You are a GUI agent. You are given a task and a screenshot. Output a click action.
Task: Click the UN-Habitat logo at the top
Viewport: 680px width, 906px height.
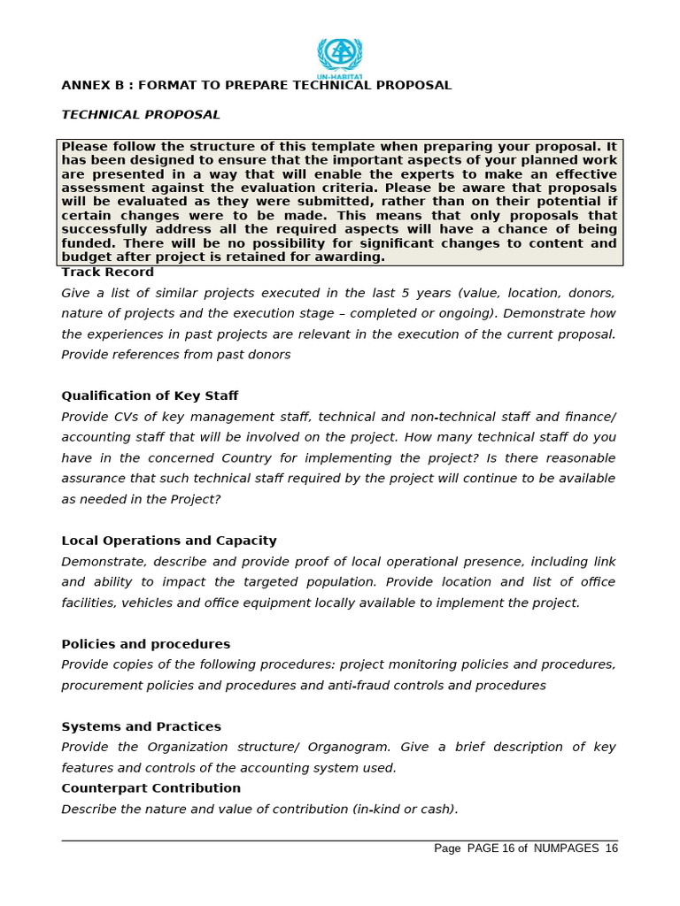click(340, 57)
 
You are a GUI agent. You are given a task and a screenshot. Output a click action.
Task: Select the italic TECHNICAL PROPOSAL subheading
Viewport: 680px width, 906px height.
click(141, 115)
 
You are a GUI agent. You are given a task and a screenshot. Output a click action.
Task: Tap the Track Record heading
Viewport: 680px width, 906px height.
click(107, 273)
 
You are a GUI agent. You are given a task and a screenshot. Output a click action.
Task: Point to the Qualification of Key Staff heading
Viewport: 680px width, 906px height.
click(150, 396)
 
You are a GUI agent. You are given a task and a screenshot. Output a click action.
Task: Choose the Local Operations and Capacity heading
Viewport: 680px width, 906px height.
click(169, 541)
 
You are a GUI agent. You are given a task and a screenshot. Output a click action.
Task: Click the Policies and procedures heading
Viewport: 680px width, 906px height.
click(145, 644)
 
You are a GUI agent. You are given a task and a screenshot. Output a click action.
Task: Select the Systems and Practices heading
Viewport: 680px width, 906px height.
click(141, 726)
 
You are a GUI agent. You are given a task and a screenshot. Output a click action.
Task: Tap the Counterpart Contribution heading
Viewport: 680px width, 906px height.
click(151, 788)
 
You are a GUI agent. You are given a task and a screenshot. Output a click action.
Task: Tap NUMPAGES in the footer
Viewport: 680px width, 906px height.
click(567, 848)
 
